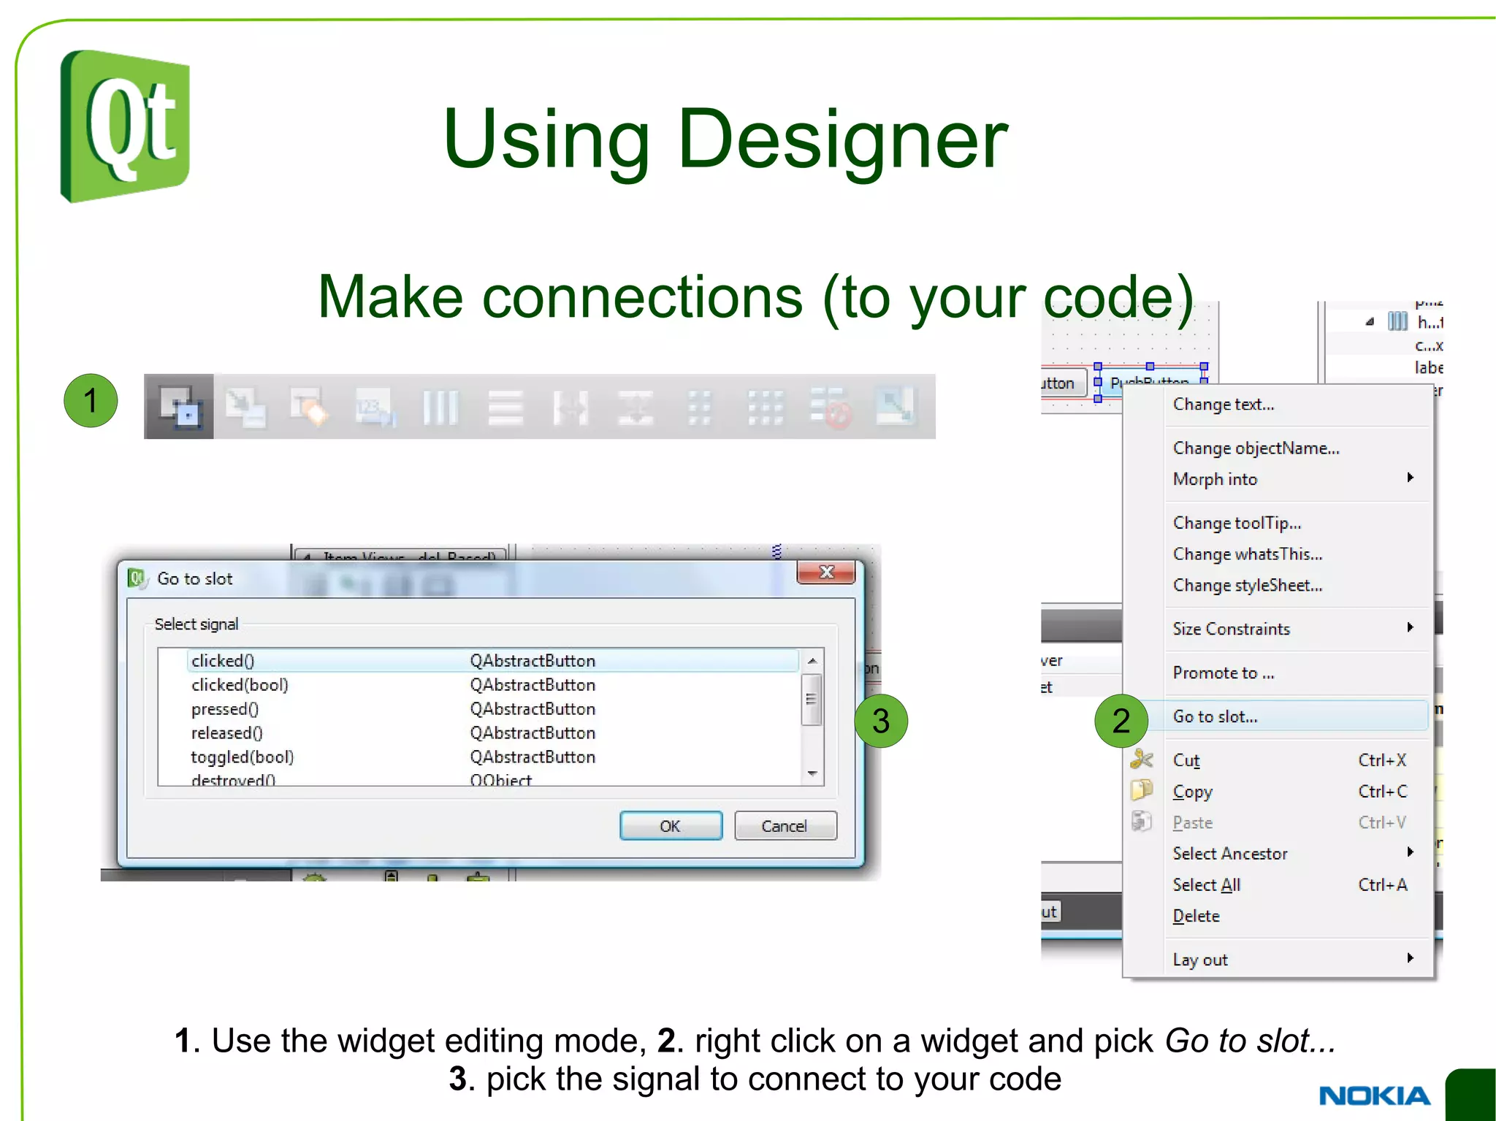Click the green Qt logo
125,126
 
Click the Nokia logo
1374,1095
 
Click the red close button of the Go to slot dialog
826,573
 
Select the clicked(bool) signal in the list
240,685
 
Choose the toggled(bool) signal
243,757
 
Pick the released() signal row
226,733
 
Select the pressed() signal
225,709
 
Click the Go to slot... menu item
1215,716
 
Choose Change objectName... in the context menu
1256,448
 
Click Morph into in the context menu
1215,480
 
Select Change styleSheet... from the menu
1248,586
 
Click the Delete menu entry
1196,916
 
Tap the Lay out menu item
1200,960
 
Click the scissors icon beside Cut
1141,760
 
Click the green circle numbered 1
91,400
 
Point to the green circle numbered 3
881,721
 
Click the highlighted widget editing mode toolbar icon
179,407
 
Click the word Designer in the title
842,139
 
